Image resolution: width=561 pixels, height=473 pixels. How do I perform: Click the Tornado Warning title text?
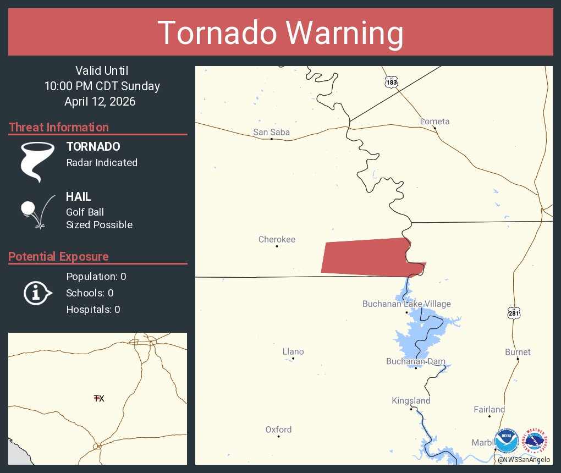tap(280, 32)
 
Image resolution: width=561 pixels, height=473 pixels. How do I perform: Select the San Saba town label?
tap(271, 132)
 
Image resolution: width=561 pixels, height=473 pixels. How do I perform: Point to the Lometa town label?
tap(435, 122)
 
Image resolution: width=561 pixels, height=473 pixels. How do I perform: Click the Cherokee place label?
tap(277, 239)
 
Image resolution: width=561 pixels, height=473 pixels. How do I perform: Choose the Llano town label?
tap(293, 351)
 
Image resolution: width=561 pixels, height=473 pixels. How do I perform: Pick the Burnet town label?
tap(518, 352)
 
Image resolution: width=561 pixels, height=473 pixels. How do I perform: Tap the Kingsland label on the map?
tap(411, 401)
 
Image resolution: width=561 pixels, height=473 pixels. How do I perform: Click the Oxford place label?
tap(278, 430)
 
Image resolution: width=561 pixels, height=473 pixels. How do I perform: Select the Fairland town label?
tap(489, 410)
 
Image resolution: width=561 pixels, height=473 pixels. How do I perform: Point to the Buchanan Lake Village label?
tap(406, 304)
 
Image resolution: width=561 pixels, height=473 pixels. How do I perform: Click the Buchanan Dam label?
tap(415, 361)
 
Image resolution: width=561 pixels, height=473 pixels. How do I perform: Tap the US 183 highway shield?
tap(391, 82)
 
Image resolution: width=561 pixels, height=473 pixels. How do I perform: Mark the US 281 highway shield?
tap(513, 313)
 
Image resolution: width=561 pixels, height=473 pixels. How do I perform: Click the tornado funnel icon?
tap(37, 161)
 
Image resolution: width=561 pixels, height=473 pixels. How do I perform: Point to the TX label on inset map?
tap(99, 398)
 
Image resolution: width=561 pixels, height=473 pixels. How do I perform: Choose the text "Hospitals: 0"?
tap(93, 309)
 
